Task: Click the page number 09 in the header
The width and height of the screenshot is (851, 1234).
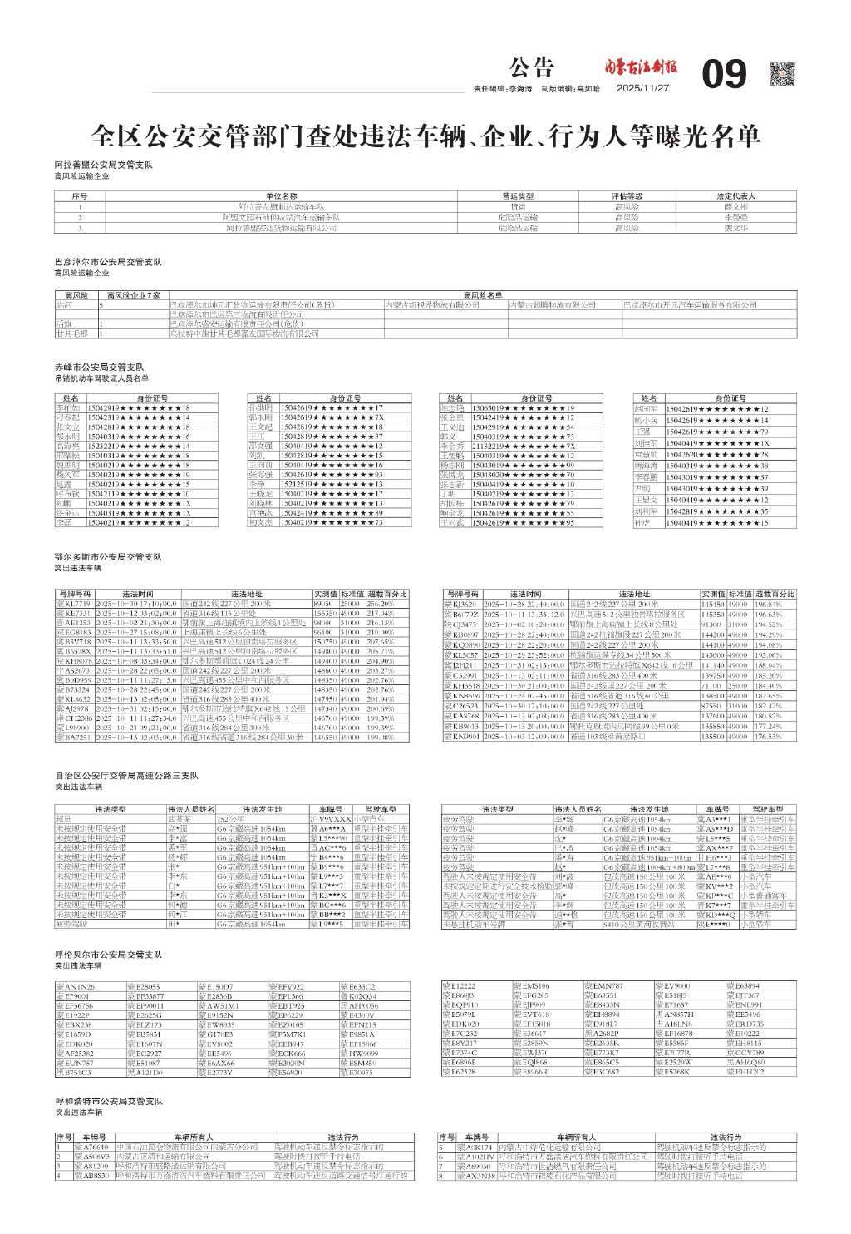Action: [x=725, y=75]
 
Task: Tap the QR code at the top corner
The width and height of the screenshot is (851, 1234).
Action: [x=782, y=74]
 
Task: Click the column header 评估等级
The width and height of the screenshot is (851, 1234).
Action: [x=627, y=196]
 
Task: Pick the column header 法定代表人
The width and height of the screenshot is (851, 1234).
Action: [x=735, y=196]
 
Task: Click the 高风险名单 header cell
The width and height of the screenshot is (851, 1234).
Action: [x=483, y=295]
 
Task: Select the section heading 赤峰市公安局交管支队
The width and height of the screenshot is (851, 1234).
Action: [x=100, y=367]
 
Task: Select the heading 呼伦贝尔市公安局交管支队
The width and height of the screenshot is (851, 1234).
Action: [x=108, y=955]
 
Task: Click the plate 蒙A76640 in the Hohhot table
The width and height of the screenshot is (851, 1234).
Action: [x=91, y=1148]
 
